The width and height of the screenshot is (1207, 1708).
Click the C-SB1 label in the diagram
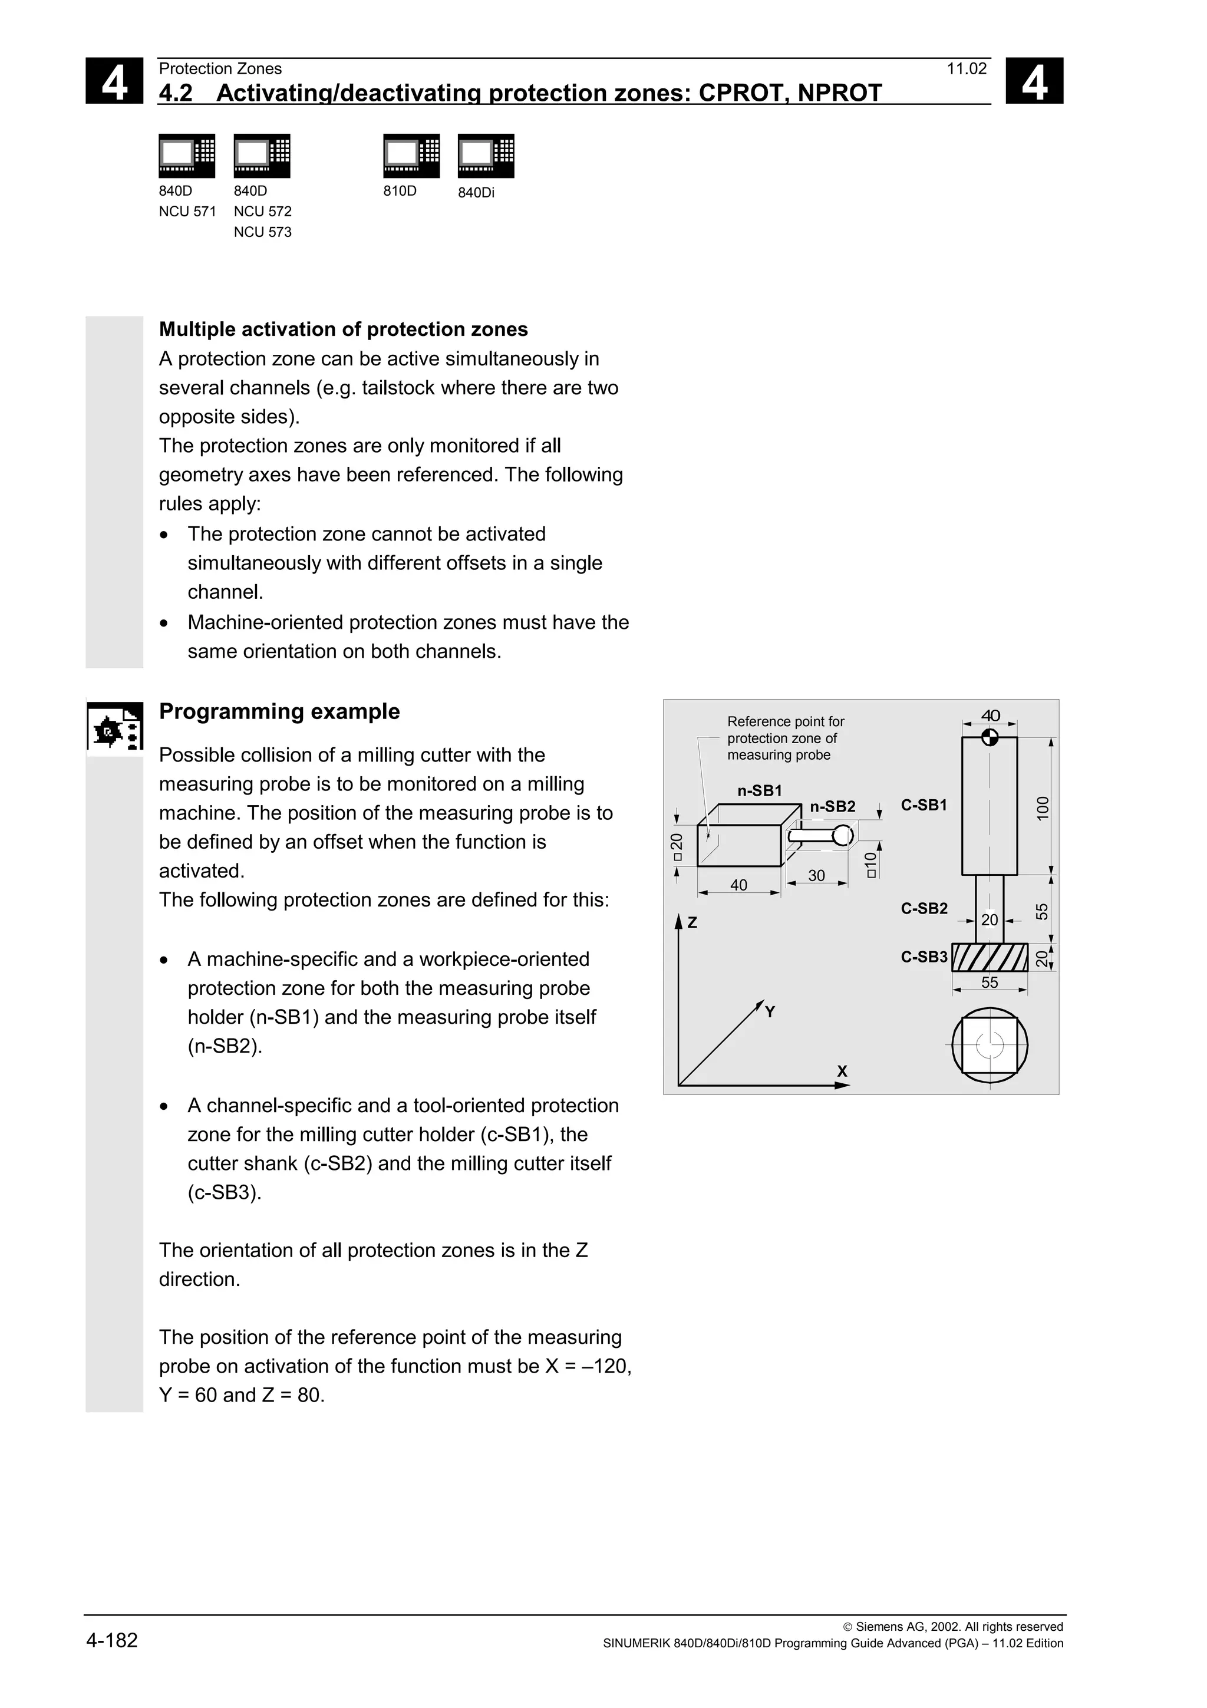point(924,805)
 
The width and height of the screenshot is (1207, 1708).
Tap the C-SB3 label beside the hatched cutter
point(924,957)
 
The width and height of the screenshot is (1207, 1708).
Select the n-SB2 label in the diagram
point(832,806)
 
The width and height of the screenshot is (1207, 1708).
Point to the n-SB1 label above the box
point(759,791)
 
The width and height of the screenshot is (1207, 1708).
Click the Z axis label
point(692,922)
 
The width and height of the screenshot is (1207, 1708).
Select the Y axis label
point(770,1012)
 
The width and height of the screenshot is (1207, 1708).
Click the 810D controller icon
point(411,156)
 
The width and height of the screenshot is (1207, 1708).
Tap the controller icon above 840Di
point(486,156)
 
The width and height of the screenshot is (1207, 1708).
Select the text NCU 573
point(262,232)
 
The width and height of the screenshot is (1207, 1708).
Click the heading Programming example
point(279,711)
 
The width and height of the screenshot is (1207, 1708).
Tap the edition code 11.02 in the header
point(966,69)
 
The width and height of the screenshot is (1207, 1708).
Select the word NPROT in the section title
point(840,93)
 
